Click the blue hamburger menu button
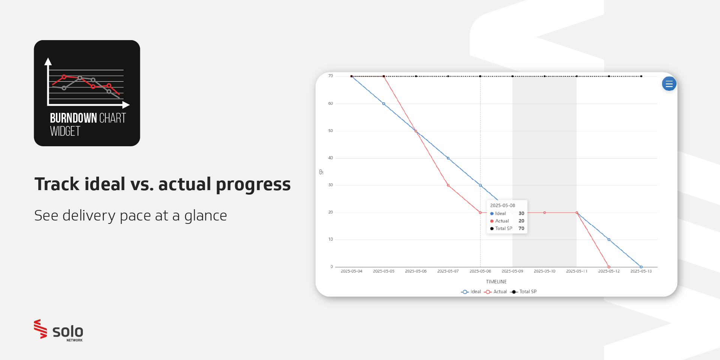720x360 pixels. click(x=669, y=84)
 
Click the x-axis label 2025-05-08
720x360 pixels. click(x=480, y=271)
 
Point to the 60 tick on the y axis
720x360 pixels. click(x=330, y=103)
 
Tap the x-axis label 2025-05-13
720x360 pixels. click(x=641, y=271)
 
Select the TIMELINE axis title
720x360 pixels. click(x=496, y=282)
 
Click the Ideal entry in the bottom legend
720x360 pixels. click(x=471, y=292)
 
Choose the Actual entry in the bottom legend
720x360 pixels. click(x=495, y=292)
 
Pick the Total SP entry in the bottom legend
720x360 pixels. click(x=523, y=292)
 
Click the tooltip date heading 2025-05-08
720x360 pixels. click(x=502, y=205)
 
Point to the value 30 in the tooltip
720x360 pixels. click(x=521, y=213)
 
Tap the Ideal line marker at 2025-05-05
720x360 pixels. click(x=384, y=104)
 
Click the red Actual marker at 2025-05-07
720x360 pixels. click(x=448, y=185)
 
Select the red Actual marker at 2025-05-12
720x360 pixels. click(x=609, y=267)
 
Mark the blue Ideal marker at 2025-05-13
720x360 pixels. click(x=641, y=267)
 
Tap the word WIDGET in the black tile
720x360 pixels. click(x=65, y=131)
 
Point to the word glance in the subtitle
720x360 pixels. click(x=205, y=216)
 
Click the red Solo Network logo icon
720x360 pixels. click(x=40, y=329)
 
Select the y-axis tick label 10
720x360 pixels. click(x=330, y=239)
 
